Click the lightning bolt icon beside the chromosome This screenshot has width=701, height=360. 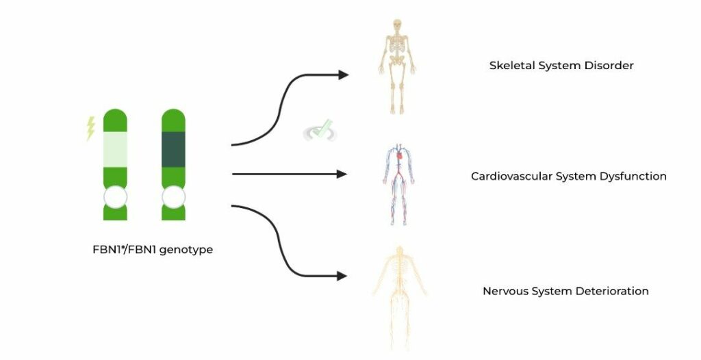tap(91, 129)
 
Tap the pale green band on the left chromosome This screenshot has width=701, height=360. tap(115, 149)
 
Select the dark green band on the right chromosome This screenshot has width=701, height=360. tap(173, 149)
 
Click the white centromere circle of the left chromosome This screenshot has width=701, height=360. tap(115, 197)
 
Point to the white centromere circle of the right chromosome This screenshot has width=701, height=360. tap(173, 197)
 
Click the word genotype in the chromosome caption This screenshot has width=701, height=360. tap(186, 250)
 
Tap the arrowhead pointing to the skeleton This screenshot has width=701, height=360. tap(343, 75)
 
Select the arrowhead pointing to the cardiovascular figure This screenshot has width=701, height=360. tap(342, 174)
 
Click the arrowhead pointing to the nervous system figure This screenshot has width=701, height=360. tap(342, 277)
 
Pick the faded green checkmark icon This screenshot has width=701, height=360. tap(320, 131)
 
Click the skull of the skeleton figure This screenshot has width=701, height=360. tap(397, 25)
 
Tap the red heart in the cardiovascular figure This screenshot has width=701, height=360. tap(400, 156)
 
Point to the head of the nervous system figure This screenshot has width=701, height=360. tap(400, 251)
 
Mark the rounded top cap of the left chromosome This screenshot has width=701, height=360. tap(115, 120)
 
